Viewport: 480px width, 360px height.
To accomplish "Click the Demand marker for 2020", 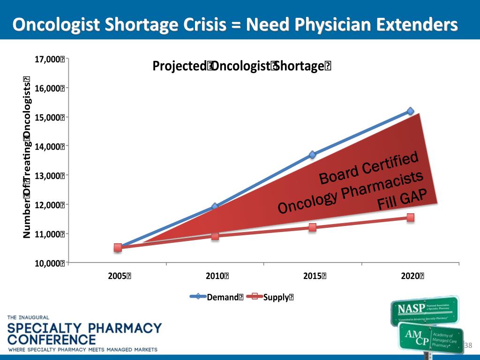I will [x=410, y=111].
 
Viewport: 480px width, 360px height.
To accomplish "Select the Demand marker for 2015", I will [x=312, y=155].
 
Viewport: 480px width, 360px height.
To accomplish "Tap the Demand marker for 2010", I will [x=215, y=206].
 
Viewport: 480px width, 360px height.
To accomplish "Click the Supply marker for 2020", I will [x=410, y=217].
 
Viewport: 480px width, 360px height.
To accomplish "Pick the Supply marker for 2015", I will [x=312, y=227].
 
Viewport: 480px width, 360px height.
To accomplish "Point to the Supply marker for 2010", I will [x=215, y=236].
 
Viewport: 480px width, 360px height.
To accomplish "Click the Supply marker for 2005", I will [x=118, y=247].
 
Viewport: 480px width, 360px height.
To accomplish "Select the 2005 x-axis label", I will [x=120, y=276].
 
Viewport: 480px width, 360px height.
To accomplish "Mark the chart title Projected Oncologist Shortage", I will [x=242, y=67].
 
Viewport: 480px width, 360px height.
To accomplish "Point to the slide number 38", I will [x=467, y=345].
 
